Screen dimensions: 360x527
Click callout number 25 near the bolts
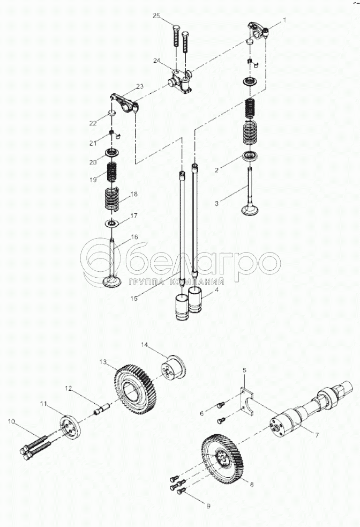pos(157,16)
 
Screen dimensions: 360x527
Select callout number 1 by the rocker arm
pos(284,19)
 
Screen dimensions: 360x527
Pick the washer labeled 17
pos(112,222)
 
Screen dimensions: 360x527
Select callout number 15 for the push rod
pos(134,298)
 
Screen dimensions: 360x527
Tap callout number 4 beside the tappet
pos(216,290)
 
